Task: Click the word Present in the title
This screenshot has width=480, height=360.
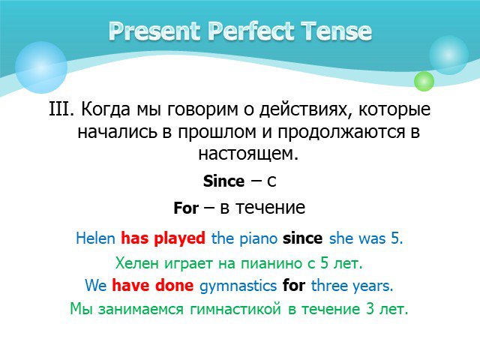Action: [x=154, y=31]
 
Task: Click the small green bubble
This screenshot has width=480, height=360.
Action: [x=424, y=81]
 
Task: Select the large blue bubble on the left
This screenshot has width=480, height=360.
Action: [x=41, y=67]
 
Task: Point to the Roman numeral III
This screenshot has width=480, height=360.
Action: [x=61, y=109]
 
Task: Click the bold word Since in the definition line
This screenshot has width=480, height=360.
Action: [x=223, y=181]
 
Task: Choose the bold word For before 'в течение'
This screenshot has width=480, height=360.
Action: [x=186, y=208]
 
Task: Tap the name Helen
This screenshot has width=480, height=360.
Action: [x=95, y=238]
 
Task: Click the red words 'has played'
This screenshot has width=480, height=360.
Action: [x=163, y=238]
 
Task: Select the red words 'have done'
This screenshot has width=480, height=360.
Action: [x=153, y=285]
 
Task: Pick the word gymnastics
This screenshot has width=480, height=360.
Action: [x=238, y=286]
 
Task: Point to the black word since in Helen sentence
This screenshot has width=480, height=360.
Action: [x=302, y=238]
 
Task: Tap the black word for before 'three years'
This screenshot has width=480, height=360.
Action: [x=294, y=285]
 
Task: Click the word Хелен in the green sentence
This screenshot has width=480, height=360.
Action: [x=137, y=263]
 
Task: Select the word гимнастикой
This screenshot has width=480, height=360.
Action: [x=235, y=308]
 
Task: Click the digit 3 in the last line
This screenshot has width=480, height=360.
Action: [x=370, y=308]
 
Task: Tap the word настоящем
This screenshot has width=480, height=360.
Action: [x=248, y=154]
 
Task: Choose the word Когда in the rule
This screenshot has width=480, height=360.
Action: [x=106, y=109]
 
